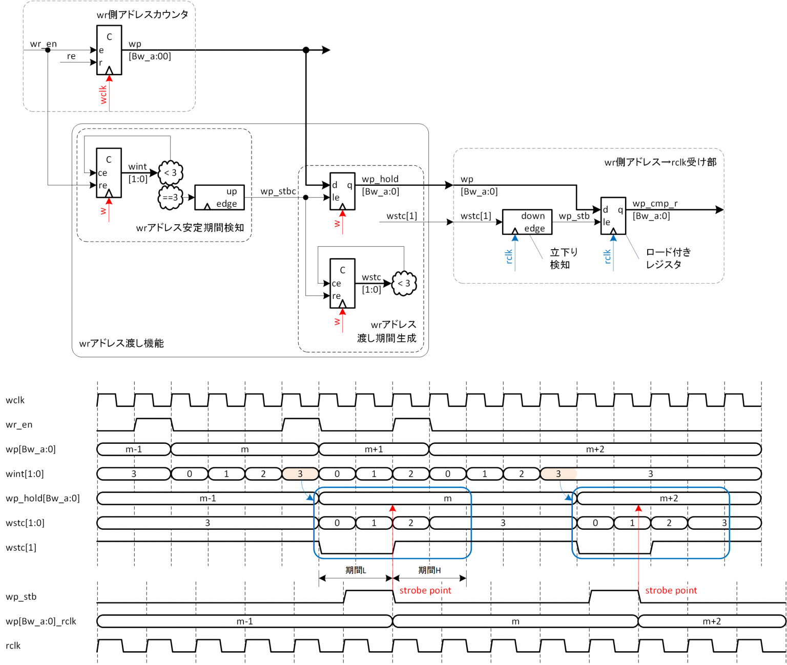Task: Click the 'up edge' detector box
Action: click(219, 198)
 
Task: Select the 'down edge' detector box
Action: click(527, 222)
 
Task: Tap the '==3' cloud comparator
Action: click(171, 198)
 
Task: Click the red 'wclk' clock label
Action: click(103, 95)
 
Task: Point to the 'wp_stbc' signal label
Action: click(278, 191)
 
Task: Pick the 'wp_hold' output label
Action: click(380, 179)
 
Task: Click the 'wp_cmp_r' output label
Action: click(655, 203)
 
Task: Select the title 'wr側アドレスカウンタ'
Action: click(142, 14)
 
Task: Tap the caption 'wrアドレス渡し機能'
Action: click(121, 343)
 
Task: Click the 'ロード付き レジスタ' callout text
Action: click(668, 258)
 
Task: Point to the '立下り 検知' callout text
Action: click(563, 258)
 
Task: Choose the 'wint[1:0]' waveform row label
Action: click(25, 474)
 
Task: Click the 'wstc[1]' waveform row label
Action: click(21, 547)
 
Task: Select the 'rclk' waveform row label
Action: click(13, 646)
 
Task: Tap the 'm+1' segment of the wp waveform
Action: click(374, 449)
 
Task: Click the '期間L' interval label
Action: click(356, 570)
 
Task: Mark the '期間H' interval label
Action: click(429, 570)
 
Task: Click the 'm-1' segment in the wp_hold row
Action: click(208, 498)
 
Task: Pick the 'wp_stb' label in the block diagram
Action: click(574, 216)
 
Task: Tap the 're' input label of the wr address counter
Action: click(71, 56)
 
